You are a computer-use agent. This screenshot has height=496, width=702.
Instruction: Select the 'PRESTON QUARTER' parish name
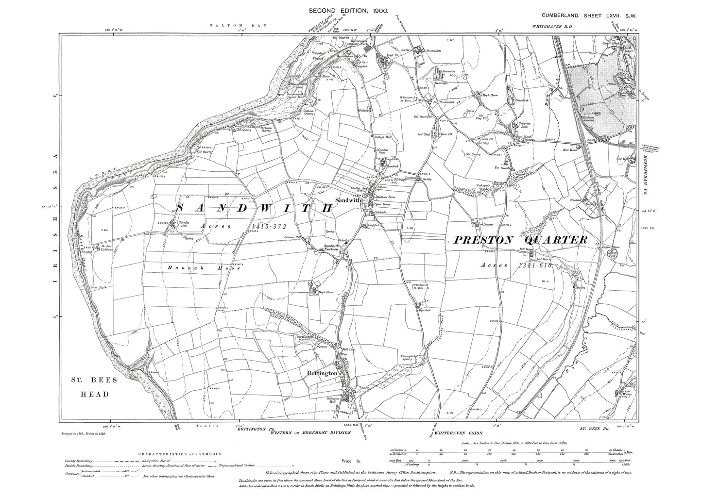tap(521, 240)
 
